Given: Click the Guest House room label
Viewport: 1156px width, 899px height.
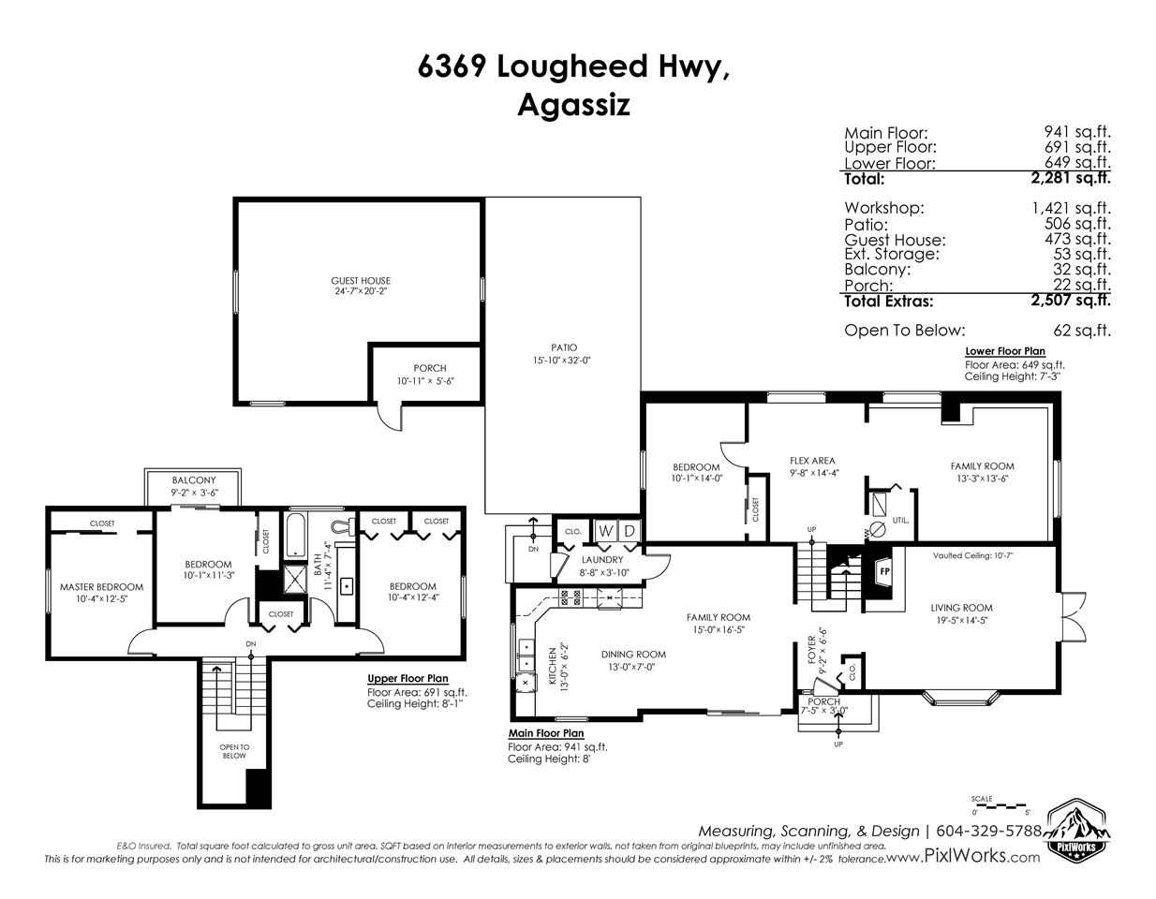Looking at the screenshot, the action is (361, 281).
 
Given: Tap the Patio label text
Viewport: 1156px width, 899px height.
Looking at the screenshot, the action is (564, 347).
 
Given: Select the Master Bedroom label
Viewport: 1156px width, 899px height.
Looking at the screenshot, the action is (101, 587).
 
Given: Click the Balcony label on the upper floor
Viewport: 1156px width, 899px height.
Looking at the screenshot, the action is (194, 480).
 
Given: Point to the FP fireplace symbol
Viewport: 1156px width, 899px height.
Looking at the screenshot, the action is (884, 572).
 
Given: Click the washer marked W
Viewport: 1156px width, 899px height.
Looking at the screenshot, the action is (605, 531).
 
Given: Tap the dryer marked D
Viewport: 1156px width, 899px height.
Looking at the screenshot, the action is (630, 531).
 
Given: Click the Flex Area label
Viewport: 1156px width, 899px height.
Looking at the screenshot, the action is (812, 461).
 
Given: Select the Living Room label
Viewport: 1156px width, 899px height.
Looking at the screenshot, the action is (961, 608).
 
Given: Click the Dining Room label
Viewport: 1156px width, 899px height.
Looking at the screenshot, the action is (633, 655).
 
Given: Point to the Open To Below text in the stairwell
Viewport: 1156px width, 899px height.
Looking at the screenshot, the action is (234, 751).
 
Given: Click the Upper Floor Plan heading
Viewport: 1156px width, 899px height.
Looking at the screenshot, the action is (408, 679).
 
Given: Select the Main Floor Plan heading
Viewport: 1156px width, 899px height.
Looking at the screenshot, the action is (546, 733).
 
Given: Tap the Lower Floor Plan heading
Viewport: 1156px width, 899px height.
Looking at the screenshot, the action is (1005, 351).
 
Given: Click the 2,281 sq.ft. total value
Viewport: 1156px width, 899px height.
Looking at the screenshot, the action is (1071, 178).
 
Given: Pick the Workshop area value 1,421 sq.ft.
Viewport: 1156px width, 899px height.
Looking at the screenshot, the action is (1071, 208).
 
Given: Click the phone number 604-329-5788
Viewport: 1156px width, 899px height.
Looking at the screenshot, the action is (988, 831).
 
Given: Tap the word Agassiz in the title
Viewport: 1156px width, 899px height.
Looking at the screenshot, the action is (573, 106).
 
